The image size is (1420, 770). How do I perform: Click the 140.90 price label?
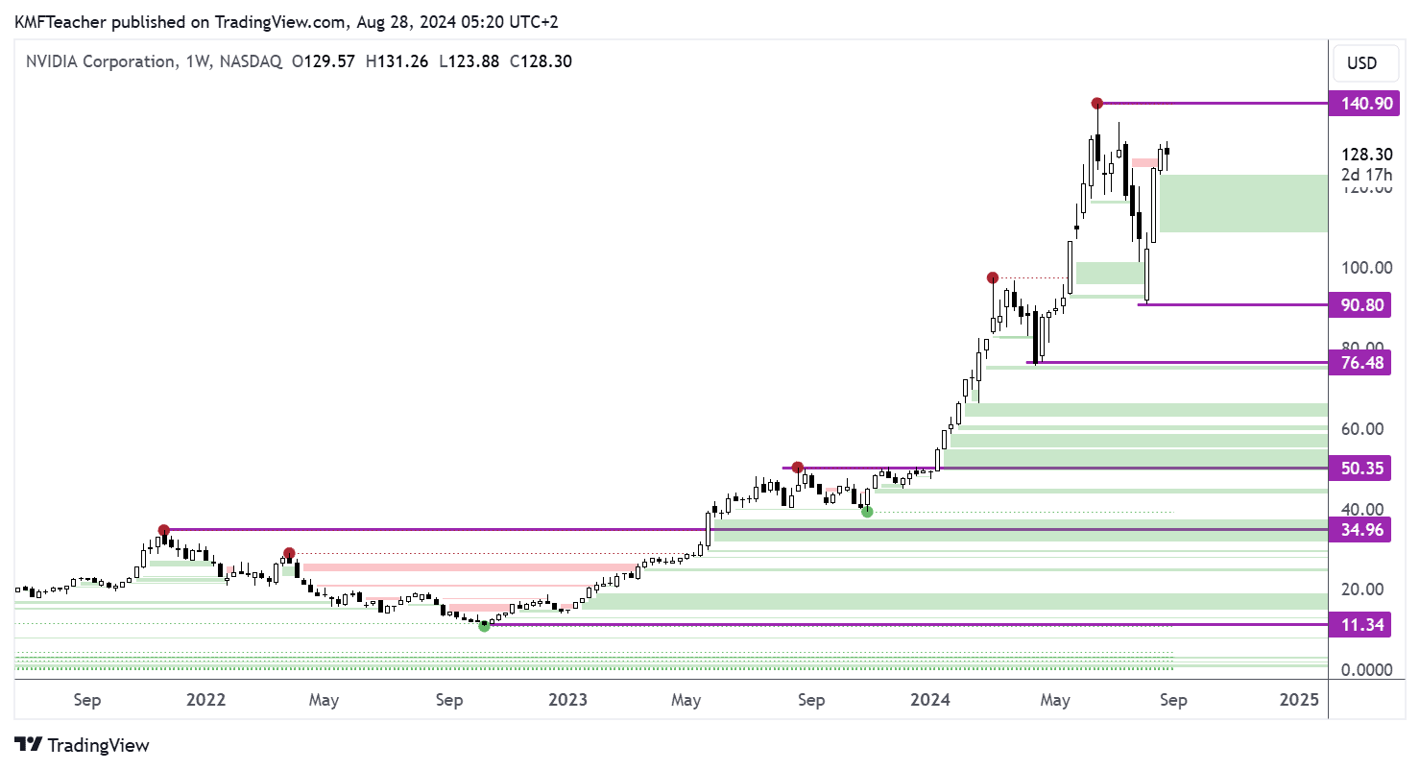(x=1360, y=103)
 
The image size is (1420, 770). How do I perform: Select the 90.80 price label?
(x=1360, y=304)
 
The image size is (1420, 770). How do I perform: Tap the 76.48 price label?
(x=1360, y=363)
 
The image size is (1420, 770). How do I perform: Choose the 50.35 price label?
(x=1360, y=469)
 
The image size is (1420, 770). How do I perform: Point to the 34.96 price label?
(x=1360, y=529)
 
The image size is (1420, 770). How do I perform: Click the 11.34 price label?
(x=1360, y=625)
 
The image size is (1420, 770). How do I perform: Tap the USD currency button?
(x=1361, y=63)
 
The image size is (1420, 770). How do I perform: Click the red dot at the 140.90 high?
(x=1096, y=103)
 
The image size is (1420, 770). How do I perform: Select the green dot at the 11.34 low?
(x=484, y=626)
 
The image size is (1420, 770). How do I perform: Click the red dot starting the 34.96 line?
(x=164, y=530)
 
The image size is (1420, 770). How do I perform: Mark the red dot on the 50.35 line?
(x=797, y=468)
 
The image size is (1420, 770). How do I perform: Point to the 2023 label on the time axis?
(x=568, y=700)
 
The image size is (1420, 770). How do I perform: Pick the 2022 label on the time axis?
(x=205, y=700)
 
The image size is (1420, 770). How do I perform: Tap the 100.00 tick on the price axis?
(x=1361, y=268)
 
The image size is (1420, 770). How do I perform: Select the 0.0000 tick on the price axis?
(x=1361, y=669)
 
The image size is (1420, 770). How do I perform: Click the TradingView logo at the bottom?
(x=83, y=744)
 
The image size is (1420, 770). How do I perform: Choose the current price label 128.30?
(x=1361, y=155)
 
